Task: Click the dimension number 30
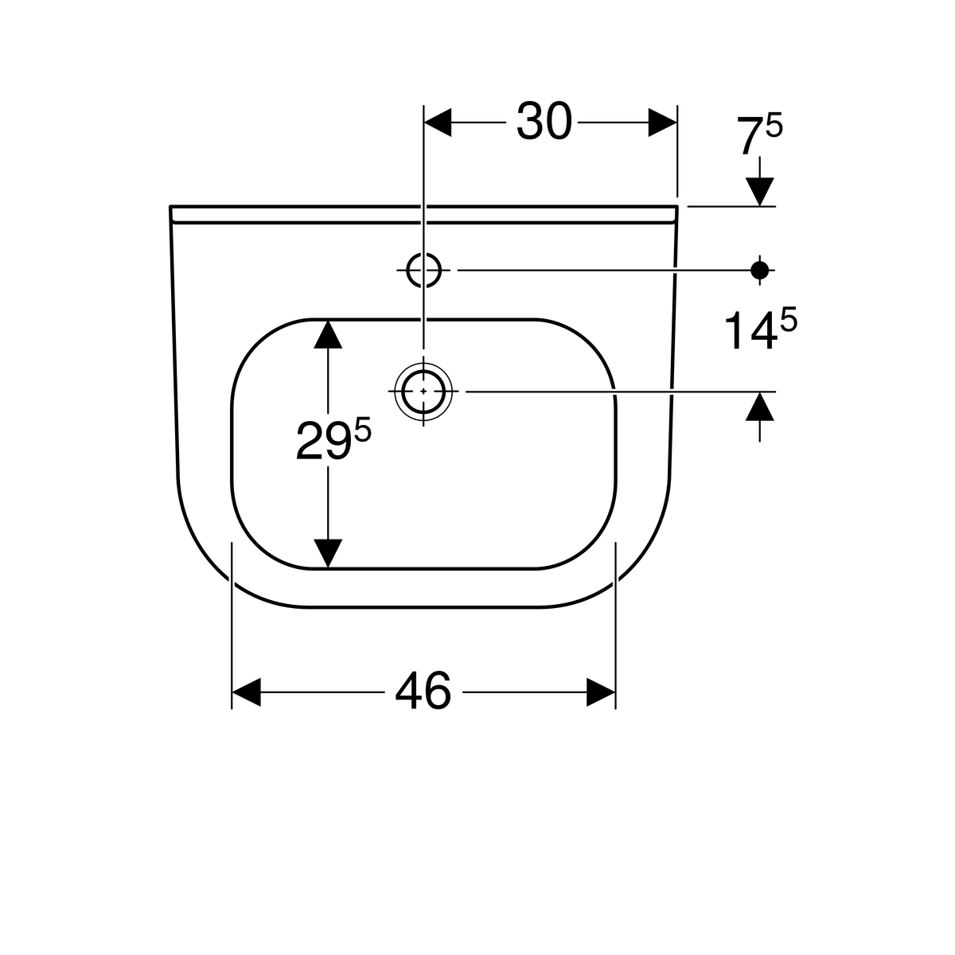pyautogui.click(x=544, y=122)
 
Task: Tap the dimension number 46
pyautogui.click(x=423, y=692)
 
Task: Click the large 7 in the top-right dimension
pyautogui.click(x=750, y=136)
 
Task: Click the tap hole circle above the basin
pyautogui.click(x=423, y=270)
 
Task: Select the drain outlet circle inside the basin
pyautogui.click(x=423, y=392)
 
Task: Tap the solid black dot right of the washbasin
pyautogui.click(x=759, y=270)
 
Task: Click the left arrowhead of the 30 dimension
pyautogui.click(x=438, y=122)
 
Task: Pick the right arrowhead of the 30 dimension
pyautogui.click(x=663, y=122)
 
